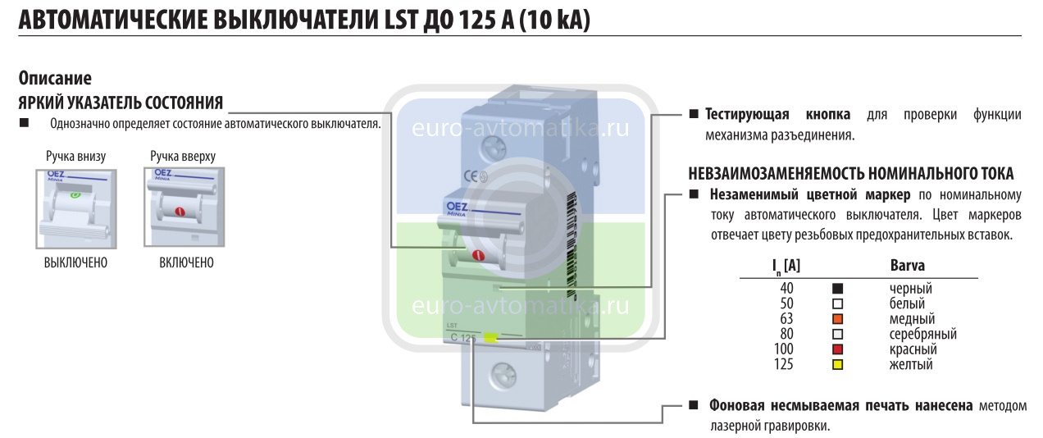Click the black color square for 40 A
pyautogui.click(x=837, y=289)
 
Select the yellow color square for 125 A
pyautogui.click(x=837, y=364)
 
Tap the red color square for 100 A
pyautogui.click(x=837, y=349)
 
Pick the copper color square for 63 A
pyautogui.click(x=837, y=319)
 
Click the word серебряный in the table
pyautogui.click(x=922, y=335)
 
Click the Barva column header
pyautogui.click(x=907, y=266)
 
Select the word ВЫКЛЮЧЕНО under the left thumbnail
pyautogui.click(x=75, y=263)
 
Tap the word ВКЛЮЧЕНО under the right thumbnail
pyautogui.click(x=186, y=263)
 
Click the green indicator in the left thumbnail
pyautogui.click(x=75, y=197)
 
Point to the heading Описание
pyautogui.click(x=55, y=79)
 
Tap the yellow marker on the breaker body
pyautogui.click(x=491, y=336)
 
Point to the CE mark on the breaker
pyautogui.click(x=471, y=174)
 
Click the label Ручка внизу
pyautogui.click(x=75, y=156)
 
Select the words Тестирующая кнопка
pyautogui.click(x=777, y=114)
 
